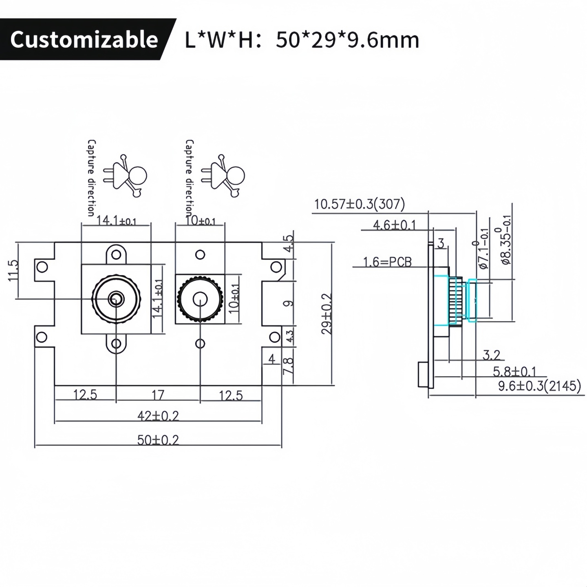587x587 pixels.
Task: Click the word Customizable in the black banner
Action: pyautogui.click(x=84, y=40)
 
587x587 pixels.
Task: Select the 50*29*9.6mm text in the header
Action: pyautogui.click(x=347, y=40)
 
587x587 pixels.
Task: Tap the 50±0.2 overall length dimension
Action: pyautogui.click(x=158, y=440)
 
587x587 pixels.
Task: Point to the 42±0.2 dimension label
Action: pyautogui.click(x=158, y=416)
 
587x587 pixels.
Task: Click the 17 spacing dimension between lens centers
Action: pyautogui.click(x=158, y=395)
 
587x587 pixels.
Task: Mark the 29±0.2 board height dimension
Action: pyautogui.click(x=327, y=314)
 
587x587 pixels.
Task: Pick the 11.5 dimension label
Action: pyautogui.click(x=13, y=270)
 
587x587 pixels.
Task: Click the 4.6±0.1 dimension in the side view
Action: pyautogui.click(x=394, y=225)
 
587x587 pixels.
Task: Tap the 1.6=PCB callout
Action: pyautogui.click(x=388, y=262)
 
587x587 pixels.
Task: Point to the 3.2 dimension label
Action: pyautogui.click(x=491, y=355)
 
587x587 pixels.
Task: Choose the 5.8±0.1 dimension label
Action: pyautogui.click(x=514, y=371)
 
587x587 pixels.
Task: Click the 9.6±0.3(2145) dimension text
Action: pyautogui.click(x=539, y=386)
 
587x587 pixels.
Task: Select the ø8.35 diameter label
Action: pyautogui.click(x=505, y=241)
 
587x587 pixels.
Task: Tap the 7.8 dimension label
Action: pyautogui.click(x=288, y=366)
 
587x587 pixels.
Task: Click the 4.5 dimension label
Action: pyautogui.click(x=288, y=243)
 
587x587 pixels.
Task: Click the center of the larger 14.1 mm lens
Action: pyautogui.click(x=116, y=299)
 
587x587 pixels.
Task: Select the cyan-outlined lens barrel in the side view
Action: pyautogui.click(x=463, y=301)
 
